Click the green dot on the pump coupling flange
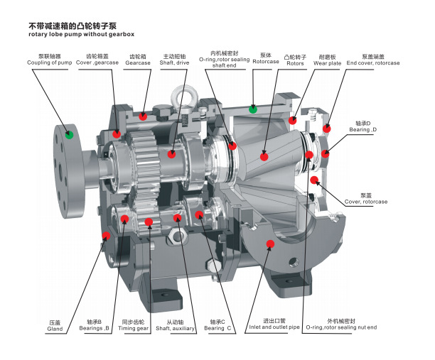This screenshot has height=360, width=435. [69, 135]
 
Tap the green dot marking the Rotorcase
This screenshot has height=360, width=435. [253, 109]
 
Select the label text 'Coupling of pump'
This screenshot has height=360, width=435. [49, 62]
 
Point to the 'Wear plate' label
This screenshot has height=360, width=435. [328, 63]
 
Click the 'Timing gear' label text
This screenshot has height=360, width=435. [134, 329]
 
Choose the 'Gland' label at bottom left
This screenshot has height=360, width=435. [55, 329]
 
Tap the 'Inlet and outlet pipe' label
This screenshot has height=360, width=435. [274, 327]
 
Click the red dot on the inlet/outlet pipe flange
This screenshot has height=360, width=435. [270, 244]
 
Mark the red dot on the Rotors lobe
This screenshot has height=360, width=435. [264, 157]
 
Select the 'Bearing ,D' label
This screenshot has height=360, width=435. [363, 129]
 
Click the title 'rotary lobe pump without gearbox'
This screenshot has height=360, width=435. [81, 34]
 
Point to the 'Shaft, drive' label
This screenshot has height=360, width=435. [174, 62]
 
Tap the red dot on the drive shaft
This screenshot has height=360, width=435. [172, 154]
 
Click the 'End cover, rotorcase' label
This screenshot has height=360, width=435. [373, 63]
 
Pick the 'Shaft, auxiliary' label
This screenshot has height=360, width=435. [175, 329]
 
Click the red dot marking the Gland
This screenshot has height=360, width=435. [106, 236]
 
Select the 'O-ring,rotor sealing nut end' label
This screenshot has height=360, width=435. [341, 327]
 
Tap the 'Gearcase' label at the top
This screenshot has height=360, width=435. [138, 63]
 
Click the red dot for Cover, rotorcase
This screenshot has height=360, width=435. [314, 180]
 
